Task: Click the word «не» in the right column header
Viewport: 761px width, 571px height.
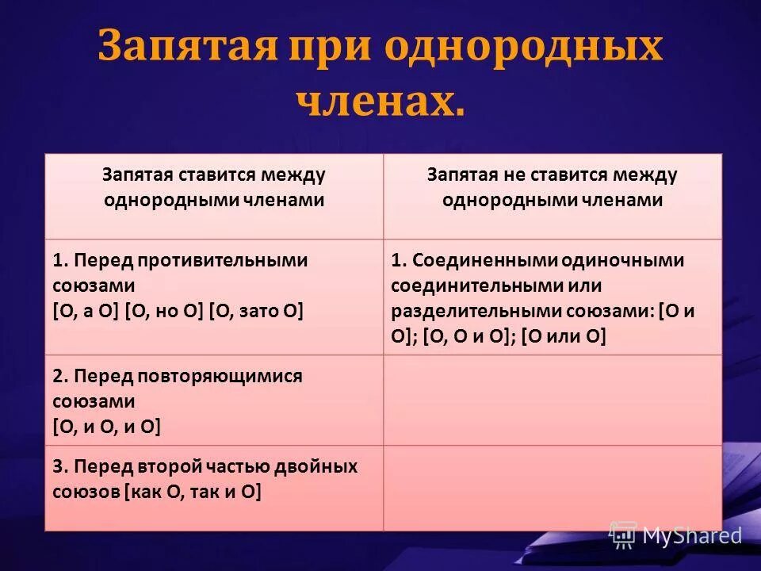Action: (x=506, y=174)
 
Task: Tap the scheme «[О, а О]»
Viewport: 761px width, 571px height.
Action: (x=85, y=310)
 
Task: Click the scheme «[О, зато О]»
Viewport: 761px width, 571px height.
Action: (x=257, y=310)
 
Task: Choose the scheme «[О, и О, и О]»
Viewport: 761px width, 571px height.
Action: (x=106, y=427)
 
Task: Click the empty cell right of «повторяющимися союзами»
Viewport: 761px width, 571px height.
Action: (x=553, y=400)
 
